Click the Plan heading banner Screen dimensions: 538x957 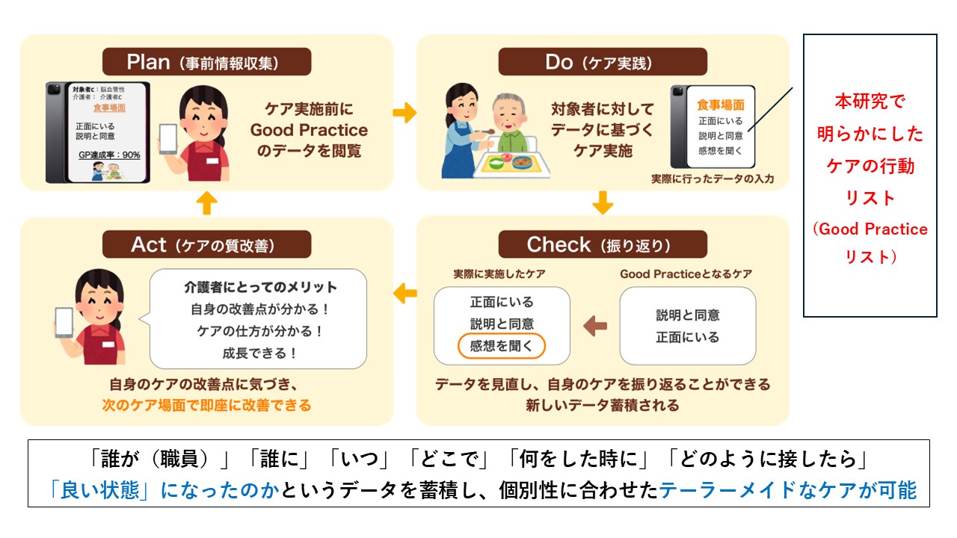206,62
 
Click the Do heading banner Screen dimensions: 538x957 603,62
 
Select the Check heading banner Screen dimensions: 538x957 603,244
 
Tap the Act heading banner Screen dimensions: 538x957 206,244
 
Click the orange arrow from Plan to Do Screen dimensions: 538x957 404,113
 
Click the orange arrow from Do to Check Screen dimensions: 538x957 603,202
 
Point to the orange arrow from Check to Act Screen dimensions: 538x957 404,292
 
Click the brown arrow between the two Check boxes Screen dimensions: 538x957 595,326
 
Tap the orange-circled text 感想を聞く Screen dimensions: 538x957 502,346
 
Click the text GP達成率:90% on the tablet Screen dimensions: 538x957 109,155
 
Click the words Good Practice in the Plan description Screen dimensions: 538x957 309,129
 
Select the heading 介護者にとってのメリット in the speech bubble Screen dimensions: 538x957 261,287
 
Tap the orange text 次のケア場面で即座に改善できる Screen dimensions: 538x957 206,406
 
